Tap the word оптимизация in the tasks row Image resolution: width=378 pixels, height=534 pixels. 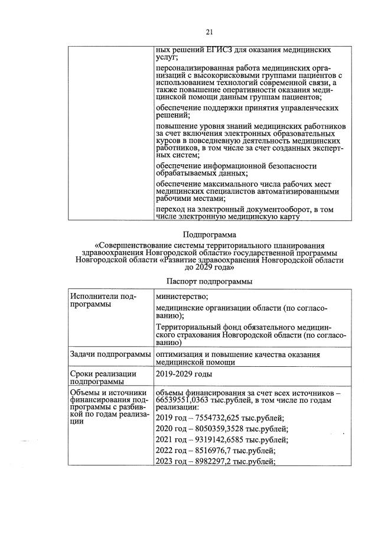[181, 354]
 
